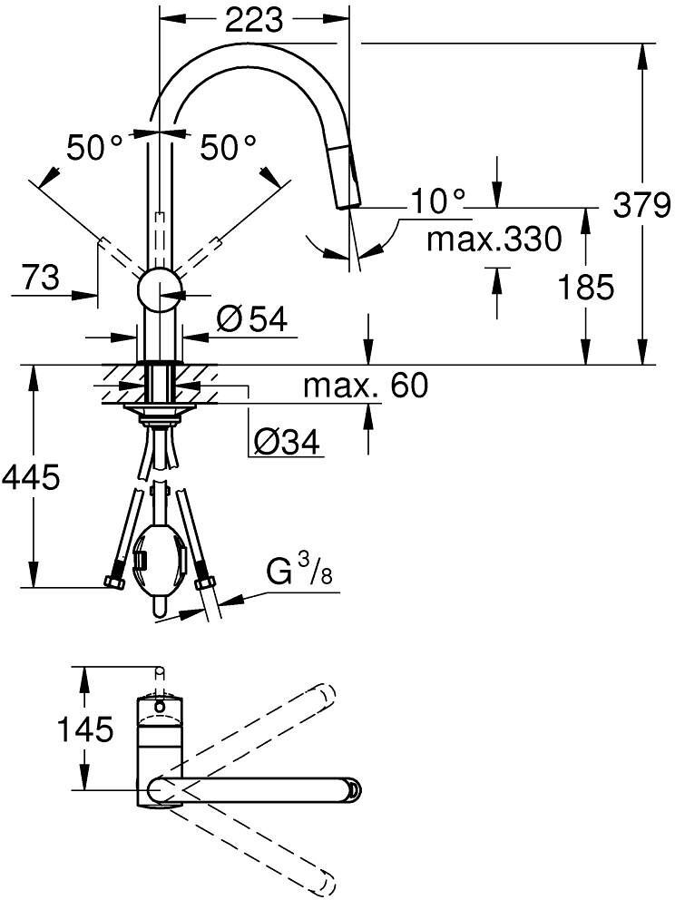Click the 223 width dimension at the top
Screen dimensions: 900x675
point(255,18)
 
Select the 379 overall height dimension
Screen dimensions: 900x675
point(641,205)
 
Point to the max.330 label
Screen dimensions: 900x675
point(494,240)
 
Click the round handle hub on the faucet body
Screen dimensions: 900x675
point(160,290)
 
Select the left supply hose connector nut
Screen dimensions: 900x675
point(116,582)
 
